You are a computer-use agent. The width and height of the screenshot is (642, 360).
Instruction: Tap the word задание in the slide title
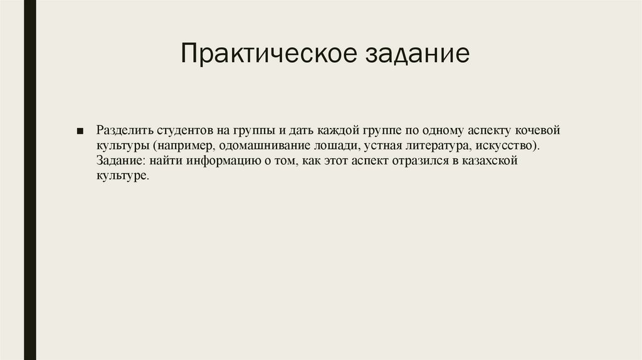click(414, 53)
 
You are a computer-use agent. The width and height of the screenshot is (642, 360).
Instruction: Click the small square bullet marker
click(80, 132)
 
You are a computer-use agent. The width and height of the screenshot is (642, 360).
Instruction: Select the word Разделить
click(122, 131)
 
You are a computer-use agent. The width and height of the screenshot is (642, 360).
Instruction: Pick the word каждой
click(337, 131)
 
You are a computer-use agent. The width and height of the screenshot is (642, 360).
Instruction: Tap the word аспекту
click(490, 131)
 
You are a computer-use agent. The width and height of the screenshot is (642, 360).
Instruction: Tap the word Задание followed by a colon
click(119, 161)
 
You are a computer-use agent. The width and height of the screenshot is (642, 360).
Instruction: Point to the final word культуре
click(122, 176)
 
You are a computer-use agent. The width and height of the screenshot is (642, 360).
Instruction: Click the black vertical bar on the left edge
click(29, 180)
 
